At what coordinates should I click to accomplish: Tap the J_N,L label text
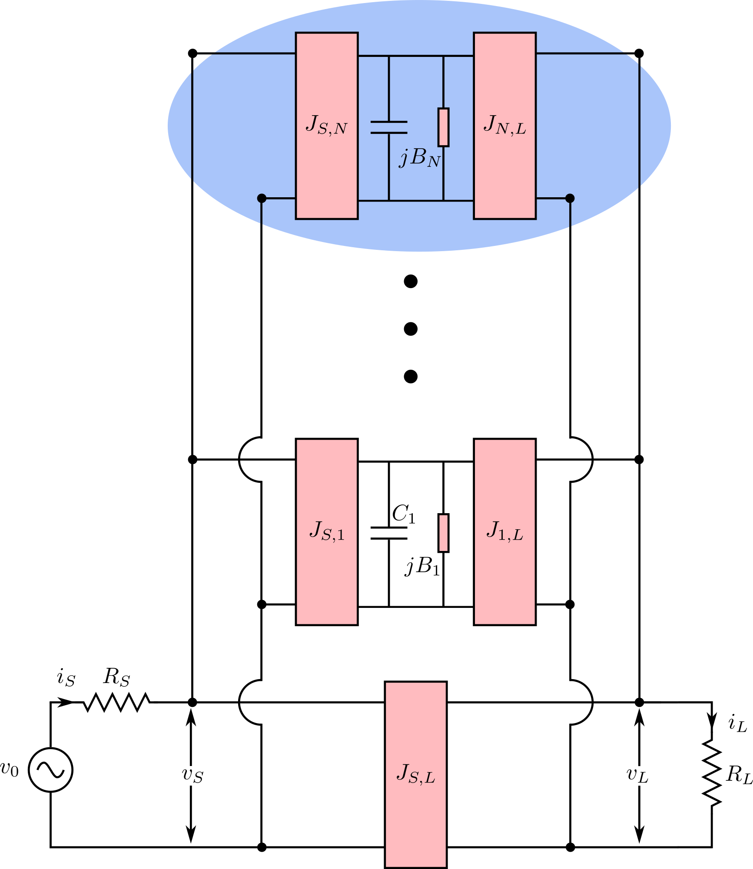click(x=504, y=125)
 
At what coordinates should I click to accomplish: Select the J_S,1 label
click(x=327, y=531)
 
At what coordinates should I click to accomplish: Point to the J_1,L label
click(x=504, y=531)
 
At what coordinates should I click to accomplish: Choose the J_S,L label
click(x=416, y=774)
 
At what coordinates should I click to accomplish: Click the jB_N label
click(x=420, y=158)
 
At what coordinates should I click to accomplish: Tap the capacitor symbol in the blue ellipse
click(x=389, y=127)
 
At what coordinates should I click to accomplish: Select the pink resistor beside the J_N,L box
click(x=443, y=127)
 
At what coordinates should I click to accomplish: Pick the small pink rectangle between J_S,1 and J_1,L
click(x=443, y=533)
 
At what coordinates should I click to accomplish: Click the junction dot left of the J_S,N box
click(x=262, y=198)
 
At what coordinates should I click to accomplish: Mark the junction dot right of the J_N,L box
click(x=570, y=198)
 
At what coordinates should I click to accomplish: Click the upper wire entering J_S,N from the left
click(x=254, y=53)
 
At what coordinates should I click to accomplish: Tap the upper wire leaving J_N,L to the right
click(x=580, y=53)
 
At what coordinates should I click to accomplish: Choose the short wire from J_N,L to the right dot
click(x=552, y=198)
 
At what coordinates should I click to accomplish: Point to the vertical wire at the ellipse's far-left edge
click(x=192, y=126)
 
